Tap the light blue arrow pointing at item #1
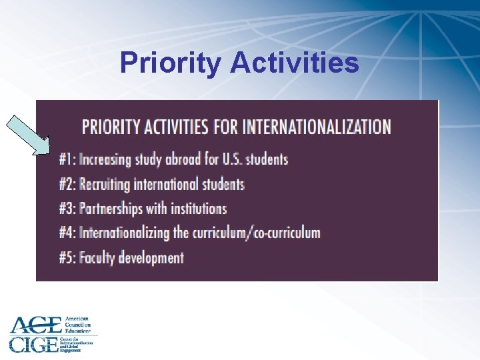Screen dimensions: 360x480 point(28,135)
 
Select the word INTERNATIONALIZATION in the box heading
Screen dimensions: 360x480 point(317,126)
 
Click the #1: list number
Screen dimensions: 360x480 point(67,159)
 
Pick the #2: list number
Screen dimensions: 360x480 point(67,184)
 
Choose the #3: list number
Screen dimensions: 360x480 point(67,209)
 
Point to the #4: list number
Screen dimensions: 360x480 point(67,233)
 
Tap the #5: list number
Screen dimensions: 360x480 point(67,257)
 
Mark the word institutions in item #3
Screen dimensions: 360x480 point(199,209)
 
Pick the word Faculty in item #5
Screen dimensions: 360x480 point(97,257)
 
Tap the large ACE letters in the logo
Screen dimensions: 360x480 point(35,325)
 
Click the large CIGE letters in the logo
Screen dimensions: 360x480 point(33,343)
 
